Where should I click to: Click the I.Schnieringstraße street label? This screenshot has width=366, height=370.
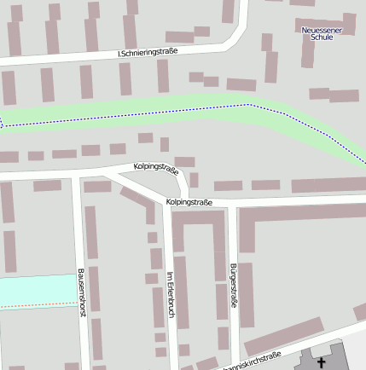148,52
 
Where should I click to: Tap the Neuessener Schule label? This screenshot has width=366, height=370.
322,33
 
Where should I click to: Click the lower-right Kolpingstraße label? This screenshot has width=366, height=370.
189,202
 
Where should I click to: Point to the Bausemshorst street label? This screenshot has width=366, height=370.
82,292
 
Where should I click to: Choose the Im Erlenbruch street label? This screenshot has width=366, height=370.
171,295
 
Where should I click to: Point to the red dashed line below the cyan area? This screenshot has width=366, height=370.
34,304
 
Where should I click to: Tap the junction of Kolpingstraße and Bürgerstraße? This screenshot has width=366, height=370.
233,205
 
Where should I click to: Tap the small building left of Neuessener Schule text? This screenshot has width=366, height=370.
267,41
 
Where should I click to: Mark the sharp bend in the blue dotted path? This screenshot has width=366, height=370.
248,105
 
